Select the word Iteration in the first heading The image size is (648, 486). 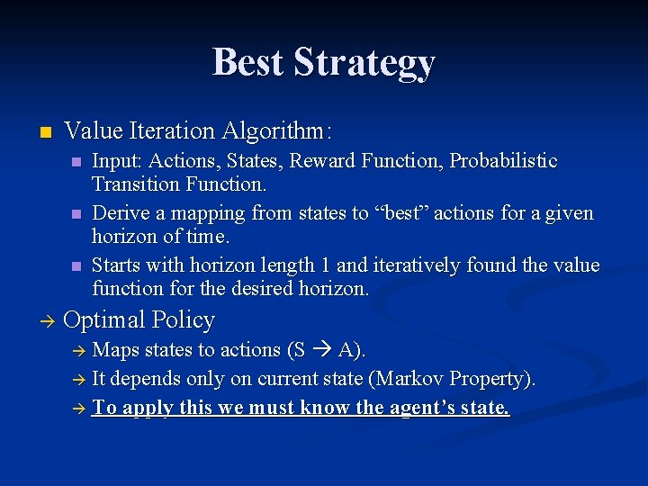172,131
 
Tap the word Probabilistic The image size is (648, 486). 503,161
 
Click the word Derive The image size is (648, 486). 121,213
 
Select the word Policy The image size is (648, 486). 184,320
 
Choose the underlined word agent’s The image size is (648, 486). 429,409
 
